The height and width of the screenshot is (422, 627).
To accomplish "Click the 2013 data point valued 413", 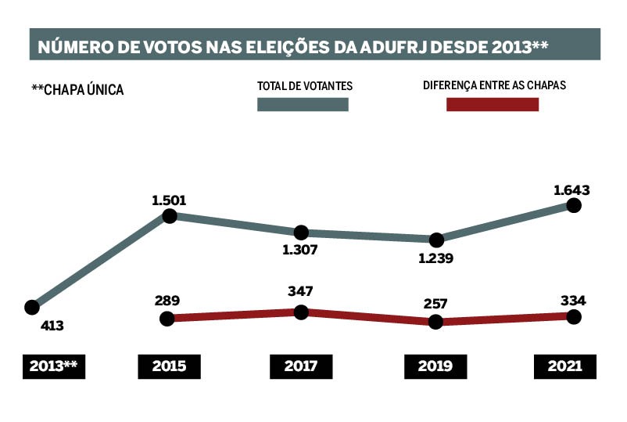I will [32, 307].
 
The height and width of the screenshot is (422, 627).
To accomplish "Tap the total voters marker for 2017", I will [301, 233].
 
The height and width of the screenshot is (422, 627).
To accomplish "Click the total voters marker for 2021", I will [573, 205].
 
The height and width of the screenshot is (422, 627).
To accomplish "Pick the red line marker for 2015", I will [167, 318].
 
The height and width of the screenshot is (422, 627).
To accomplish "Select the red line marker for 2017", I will [301, 312].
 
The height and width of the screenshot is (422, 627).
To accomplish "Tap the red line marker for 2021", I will [573, 316].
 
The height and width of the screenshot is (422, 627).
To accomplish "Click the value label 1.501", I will [169, 200].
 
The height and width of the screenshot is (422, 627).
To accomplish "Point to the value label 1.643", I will [571, 189].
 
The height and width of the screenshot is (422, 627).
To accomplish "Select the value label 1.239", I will [437, 258].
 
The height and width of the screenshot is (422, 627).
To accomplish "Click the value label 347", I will [300, 291].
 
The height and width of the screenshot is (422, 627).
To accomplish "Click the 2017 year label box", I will [301, 366].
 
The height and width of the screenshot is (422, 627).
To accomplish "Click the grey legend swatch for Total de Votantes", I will [303, 105].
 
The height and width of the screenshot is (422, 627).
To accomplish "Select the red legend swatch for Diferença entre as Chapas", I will [493, 105].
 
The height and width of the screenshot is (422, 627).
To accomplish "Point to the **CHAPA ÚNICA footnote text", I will [77, 90].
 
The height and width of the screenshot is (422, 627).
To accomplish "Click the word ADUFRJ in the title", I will [396, 46].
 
